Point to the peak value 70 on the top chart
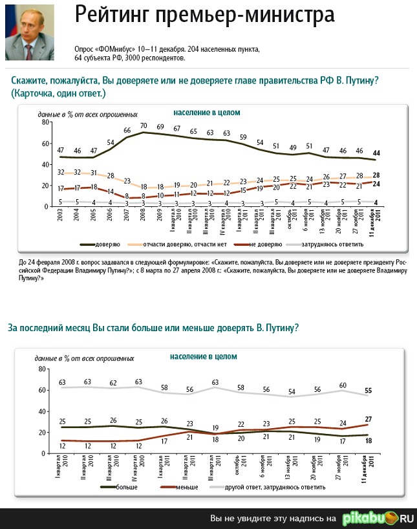point(144,125)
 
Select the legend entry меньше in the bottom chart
point(187,487)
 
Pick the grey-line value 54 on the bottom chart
point(292,391)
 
